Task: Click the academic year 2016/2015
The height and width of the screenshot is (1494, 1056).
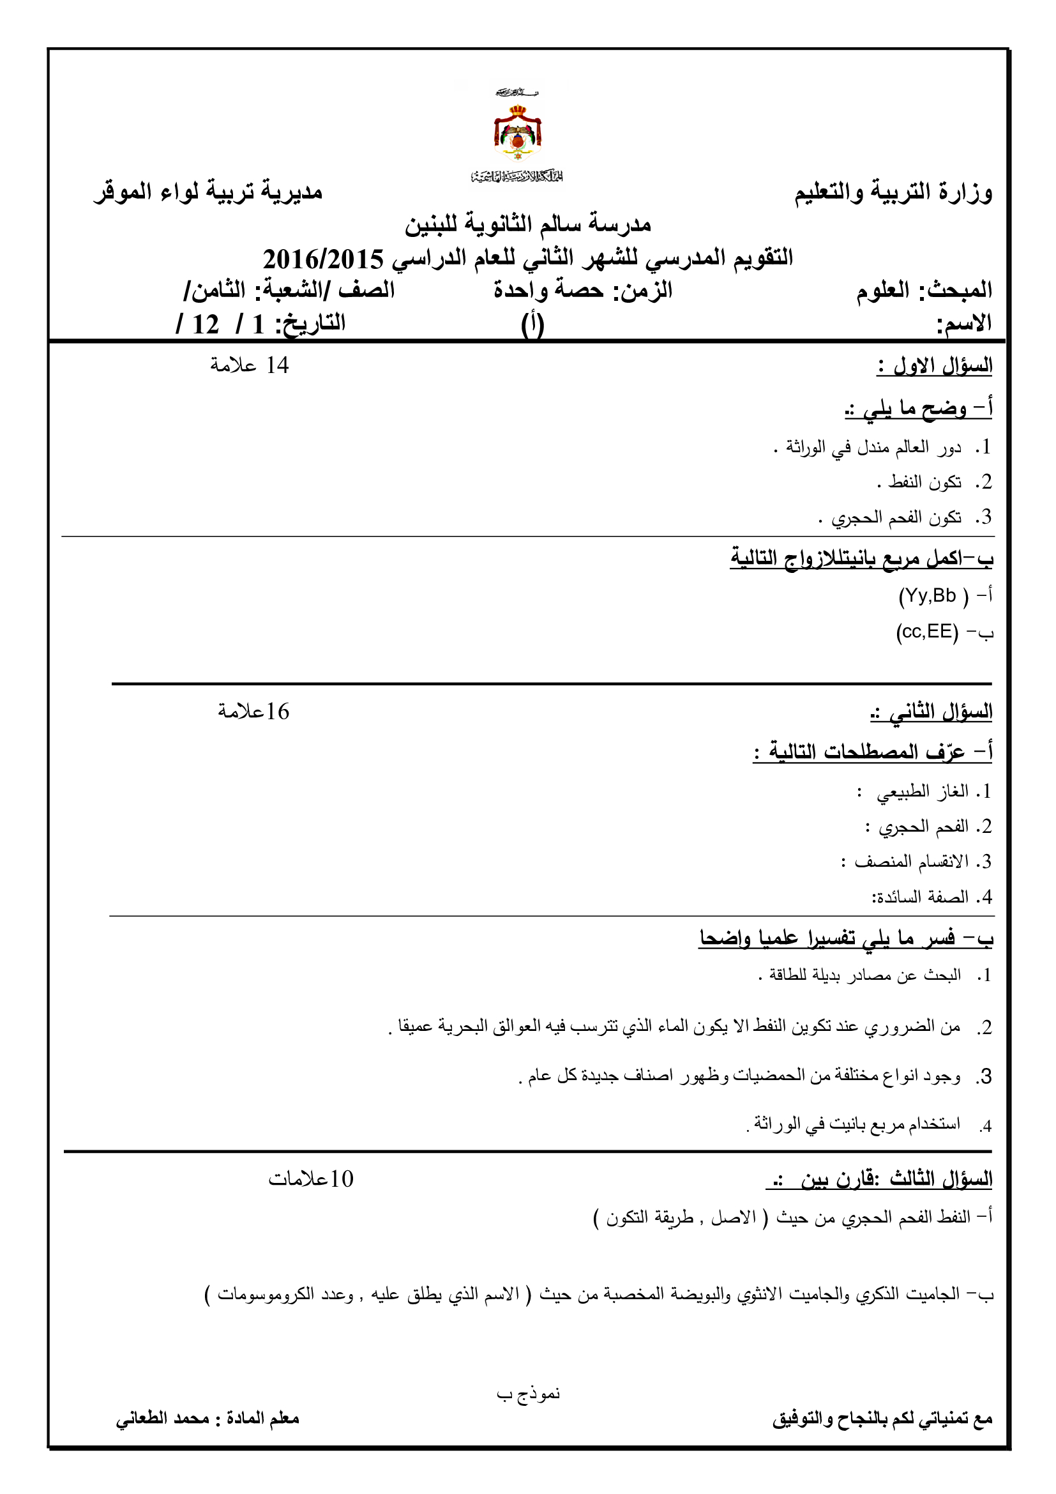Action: click(x=323, y=259)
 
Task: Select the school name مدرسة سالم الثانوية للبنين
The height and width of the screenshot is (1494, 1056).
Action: click(x=527, y=225)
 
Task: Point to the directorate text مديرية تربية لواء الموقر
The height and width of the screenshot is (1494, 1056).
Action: click(x=208, y=192)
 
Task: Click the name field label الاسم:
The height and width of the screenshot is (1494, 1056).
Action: click(x=963, y=323)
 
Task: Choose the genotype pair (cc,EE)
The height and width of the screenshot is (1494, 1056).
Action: click(x=926, y=631)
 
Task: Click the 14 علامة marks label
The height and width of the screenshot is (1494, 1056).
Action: click(x=249, y=366)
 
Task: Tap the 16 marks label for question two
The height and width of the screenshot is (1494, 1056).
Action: click(x=253, y=712)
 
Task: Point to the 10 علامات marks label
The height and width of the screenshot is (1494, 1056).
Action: click(x=310, y=1179)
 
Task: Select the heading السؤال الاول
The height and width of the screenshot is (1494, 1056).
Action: click(x=935, y=366)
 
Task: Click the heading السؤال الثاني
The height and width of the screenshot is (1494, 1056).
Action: click(x=931, y=712)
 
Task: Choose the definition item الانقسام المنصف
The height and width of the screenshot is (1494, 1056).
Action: click(x=911, y=862)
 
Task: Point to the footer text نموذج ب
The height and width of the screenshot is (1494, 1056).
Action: click(x=528, y=1394)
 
